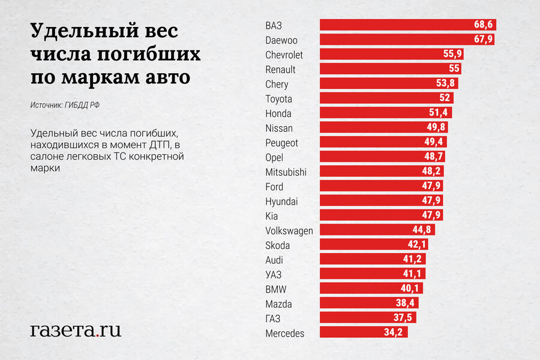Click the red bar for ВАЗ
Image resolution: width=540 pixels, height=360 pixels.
[407, 25]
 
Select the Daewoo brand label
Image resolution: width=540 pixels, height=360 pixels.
[281, 40]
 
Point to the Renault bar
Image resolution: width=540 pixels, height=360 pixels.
[390, 69]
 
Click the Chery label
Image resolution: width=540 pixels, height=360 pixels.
[277, 85]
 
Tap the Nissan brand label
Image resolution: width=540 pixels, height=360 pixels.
[279, 128]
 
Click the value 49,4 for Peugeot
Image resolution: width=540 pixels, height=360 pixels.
[433, 142]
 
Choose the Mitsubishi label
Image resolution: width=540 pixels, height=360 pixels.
[286, 172]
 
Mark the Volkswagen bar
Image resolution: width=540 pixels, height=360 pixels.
[377, 230]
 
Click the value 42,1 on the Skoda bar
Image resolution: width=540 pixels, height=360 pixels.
[418, 245]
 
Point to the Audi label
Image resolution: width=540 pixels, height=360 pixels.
[274, 260]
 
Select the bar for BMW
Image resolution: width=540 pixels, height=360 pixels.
[371, 289]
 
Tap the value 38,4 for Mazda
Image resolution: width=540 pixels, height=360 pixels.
[405, 304]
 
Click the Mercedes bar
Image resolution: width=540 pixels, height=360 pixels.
[364, 332]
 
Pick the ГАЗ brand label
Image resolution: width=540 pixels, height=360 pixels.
[273, 318]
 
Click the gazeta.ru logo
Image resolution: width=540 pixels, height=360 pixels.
[76, 329]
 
